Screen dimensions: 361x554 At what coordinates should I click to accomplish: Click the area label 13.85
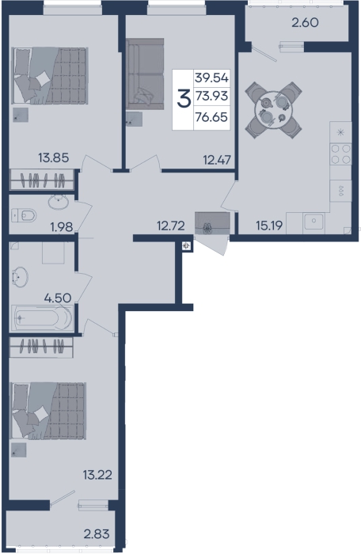[53, 157]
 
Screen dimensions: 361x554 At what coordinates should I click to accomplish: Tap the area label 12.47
[217, 160]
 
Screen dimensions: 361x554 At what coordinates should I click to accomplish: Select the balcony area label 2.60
[305, 23]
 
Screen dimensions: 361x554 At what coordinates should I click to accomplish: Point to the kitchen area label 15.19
[269, 226]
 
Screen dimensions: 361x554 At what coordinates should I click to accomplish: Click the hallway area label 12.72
[171, 226]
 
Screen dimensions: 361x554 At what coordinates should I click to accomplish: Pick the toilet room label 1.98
[62, 227]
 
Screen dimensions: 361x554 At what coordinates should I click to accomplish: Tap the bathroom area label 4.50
[58, 298]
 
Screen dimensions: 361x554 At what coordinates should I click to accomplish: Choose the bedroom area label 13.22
[97, 475]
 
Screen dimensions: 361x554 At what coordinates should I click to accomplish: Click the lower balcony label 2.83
[97, 534]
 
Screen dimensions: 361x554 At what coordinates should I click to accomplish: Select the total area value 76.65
[212, 117]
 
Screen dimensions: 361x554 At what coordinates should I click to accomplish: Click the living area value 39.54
[212, 78]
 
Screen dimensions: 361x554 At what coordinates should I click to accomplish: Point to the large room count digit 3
[184, 99]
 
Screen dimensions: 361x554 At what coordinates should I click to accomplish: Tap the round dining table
[273, 109]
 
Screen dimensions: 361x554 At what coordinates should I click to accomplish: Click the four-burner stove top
[341, 154]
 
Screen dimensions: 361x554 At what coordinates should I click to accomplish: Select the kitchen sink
[313, 222]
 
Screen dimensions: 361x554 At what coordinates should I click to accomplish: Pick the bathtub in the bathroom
[42, 317]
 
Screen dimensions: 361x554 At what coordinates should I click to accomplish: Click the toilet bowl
[25, 215]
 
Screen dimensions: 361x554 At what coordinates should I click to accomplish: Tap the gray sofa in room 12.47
[146, 74]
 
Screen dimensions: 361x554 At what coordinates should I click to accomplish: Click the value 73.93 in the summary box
[212, 96]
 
